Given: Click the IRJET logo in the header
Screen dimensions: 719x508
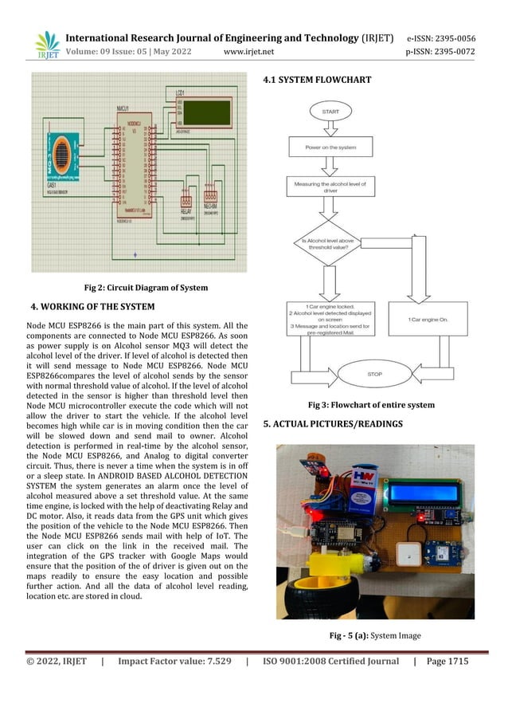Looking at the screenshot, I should pyautogui.click(x=47, y=45).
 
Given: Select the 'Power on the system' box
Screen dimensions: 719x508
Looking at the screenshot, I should pyautogui.click(x=330, y=147).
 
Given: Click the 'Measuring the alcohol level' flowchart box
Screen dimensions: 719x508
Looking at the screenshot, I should pyautogui.click(x=330, y=187).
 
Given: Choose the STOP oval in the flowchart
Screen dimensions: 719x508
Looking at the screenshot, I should pyautogui.click(x=373, y=374).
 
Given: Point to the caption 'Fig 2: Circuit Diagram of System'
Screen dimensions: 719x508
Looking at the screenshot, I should pyautogui.click(x=146, y=288).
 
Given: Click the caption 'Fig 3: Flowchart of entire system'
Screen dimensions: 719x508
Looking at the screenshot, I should pyautogui.click(x=365, y=405).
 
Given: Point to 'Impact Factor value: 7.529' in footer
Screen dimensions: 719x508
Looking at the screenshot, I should pyautogui.click(x=174, y=662).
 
